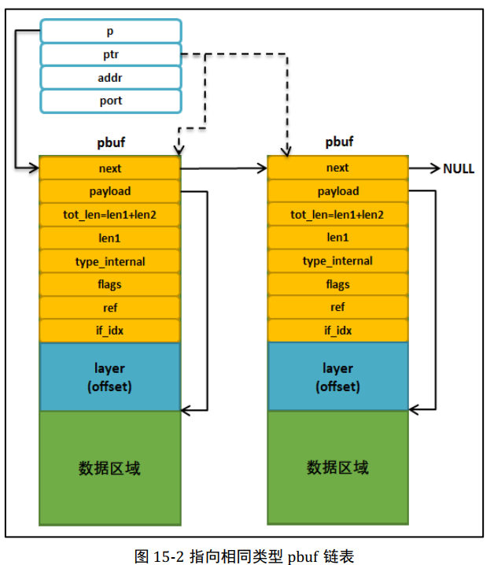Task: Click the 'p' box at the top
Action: pyautogui.click(x=110, y=31)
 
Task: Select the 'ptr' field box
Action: pyautogui.click(x=110, y=54)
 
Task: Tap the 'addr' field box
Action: pyautogui.click(x=110, y=78)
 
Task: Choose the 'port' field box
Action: pyautogui.click(x=110, y=101)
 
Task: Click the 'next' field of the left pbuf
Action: pyautogui.click(x=110, y=168)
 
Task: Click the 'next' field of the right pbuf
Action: pyautogui.click(x=337, y=168)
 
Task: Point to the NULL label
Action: pyautogui.click(x=459, y=168)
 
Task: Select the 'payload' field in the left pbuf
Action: pyautogui.click(x=110, y=191)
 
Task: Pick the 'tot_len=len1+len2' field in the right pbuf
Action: pyautogui.click(x=337, y=215)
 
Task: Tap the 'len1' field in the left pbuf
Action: pyautogui.click(x=110, y=238)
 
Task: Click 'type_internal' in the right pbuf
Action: pyautogui.click(x=337, y=261)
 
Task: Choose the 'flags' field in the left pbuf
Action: pyautogui.click(x=110, y=284)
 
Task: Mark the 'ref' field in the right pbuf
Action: pyautogui.click(x=337, y=308)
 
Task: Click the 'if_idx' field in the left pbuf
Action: pyautogui.click(x=110, y=331)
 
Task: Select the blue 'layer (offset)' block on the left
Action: pyautogui.click(x=110, y=376)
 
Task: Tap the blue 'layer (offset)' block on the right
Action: pyautogui.click(x=337, y=376)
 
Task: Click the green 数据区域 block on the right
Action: pyautogui.click(x=337, y=467)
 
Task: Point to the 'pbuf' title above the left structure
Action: pyautogui.click(x=110, y=143)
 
